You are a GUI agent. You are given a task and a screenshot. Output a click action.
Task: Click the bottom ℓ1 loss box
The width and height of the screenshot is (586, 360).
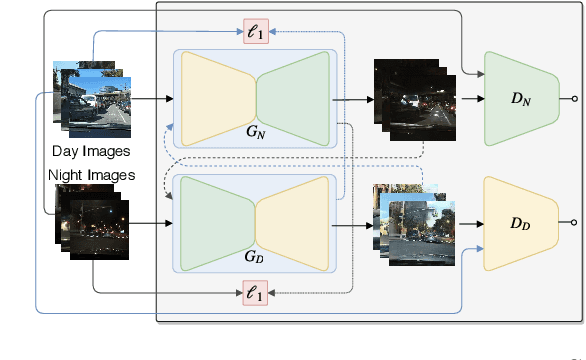(256, 292)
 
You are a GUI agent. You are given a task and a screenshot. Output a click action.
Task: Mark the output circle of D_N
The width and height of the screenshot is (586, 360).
(574, 99)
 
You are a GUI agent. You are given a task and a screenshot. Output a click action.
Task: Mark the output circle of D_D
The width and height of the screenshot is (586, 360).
(574, 223)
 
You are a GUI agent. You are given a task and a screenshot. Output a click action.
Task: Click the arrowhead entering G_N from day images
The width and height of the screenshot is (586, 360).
(170, 99)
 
